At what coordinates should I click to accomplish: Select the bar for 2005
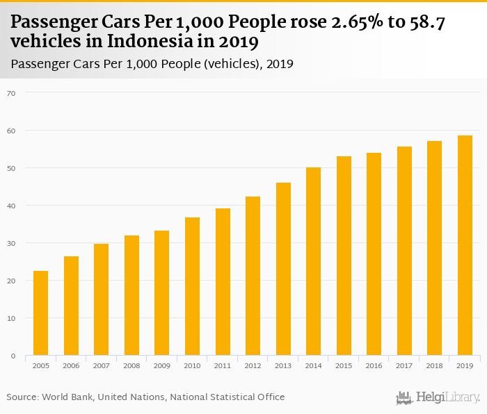coord(40,313)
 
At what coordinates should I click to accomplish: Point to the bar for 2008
coord(131,295)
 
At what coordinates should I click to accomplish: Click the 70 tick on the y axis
coord(12,92)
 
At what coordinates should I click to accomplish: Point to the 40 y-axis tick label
coord(12,206)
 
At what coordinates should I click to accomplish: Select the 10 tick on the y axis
coord(12,318)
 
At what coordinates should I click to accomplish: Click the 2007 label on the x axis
coord(102,365)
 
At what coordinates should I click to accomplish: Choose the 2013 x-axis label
coord(283,365)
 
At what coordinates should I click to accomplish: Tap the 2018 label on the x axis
coord(434,365)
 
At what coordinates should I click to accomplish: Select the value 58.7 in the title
coord(426,23)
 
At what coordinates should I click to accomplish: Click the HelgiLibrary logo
coord(438,397)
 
